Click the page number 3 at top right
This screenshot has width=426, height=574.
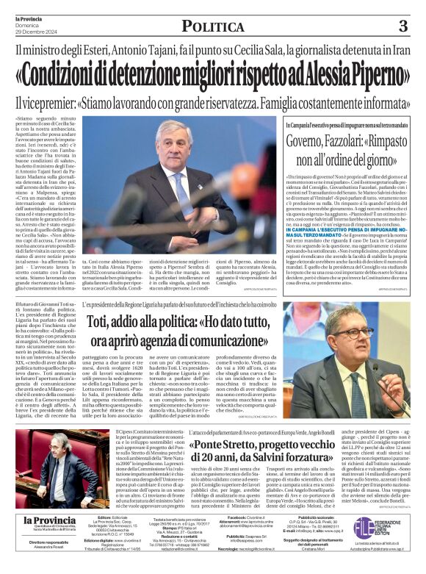click(x=402, y=26)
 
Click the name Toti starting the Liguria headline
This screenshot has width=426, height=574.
click(x=100, y=322)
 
